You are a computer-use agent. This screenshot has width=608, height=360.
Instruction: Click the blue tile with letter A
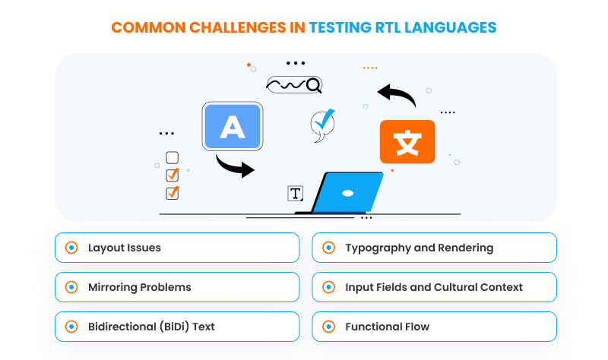point(233,126)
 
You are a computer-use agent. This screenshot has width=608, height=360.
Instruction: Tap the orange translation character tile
point(407,142)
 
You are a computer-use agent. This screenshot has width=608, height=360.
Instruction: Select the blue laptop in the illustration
point(346,194)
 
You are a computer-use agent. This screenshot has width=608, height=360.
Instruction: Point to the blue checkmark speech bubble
point(323,124)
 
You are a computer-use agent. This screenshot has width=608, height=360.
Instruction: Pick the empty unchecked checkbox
point(172,158)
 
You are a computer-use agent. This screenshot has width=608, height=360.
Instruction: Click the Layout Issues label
point(124,248)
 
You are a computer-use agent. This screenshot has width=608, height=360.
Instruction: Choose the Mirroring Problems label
point(139,287)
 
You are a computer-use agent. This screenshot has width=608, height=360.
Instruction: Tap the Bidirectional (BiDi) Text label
point(151,327)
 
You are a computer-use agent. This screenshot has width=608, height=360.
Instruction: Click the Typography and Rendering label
point(419,248)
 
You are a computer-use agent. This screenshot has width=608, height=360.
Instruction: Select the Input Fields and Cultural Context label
point(434,287)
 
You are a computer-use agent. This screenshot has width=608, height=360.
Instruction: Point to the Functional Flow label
point(387,327)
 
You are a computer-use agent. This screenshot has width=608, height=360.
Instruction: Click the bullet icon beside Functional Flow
point(328,327)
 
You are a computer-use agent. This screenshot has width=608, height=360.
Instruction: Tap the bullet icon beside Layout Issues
point(71,248)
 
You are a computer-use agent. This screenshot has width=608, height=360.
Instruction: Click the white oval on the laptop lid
point(347,192)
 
